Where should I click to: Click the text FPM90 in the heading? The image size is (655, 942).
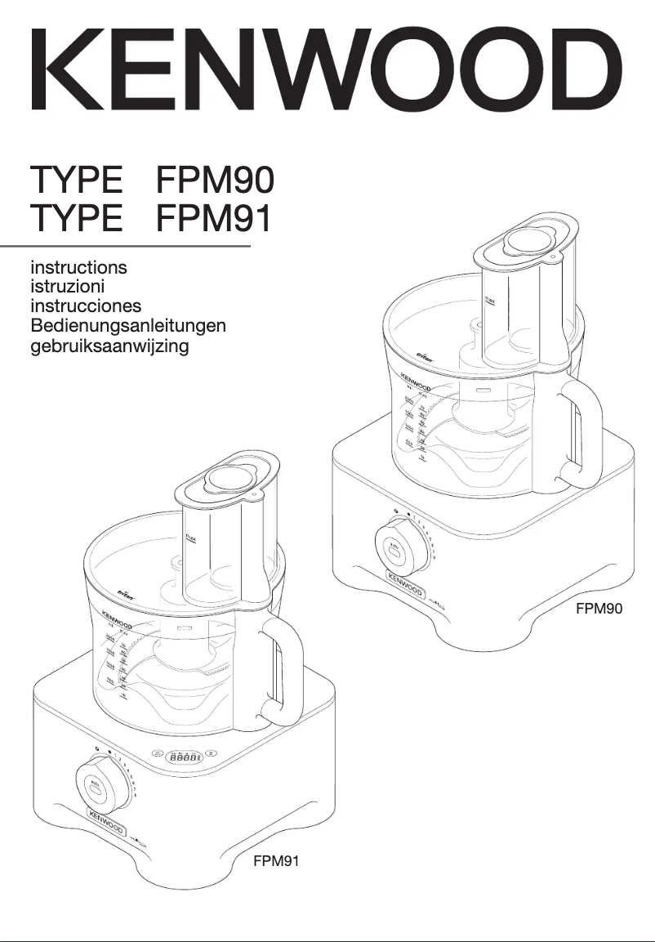(215, 180)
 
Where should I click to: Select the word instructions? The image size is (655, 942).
(78, 267)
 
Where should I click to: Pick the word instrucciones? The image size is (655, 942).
(86, 306)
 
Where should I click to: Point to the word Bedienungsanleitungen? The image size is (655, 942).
(128, 326)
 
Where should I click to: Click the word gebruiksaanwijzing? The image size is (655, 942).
(109, 346)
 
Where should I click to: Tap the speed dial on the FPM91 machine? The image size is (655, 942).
(98, 782)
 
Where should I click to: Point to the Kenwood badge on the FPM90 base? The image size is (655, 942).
(406, 590)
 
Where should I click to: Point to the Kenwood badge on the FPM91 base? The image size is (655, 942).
(107, 819)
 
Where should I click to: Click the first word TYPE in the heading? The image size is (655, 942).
(77, 180)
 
